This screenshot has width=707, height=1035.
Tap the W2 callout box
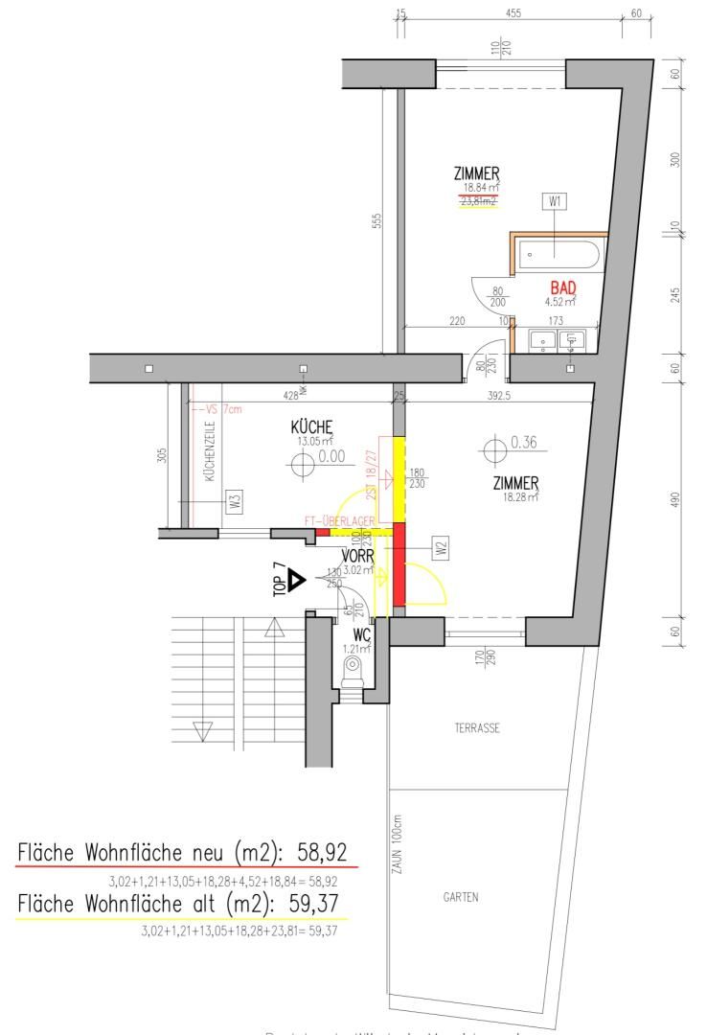[441, 549]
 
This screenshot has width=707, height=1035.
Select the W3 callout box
[233, 498]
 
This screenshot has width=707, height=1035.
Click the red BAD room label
[562, 287]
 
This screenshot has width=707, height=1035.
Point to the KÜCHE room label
[312, 427]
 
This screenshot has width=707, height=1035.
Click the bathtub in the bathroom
[559, 255]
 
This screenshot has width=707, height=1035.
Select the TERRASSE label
[478, 728]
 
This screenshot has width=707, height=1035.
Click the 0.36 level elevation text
[525, 443]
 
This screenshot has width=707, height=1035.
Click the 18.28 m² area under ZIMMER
[516, 496]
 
